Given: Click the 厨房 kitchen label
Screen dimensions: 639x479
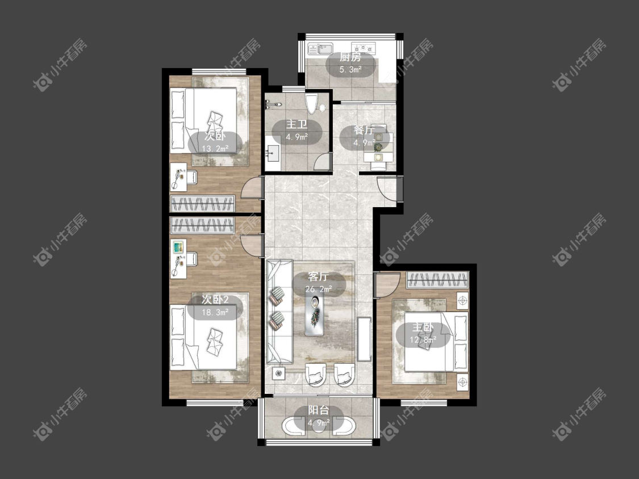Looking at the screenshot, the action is point(350,57).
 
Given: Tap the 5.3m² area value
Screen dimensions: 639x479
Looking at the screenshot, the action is point(350,70).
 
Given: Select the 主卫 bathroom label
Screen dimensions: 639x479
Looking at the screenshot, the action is point(296,124).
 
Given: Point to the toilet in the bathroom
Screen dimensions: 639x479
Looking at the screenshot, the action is point(311,104).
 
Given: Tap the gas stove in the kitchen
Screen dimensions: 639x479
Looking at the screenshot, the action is point(364,49).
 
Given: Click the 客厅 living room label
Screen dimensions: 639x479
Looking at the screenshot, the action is point(319,276).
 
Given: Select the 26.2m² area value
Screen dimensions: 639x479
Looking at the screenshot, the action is point(319,289).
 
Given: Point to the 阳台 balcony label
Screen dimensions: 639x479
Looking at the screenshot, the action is point(319,410).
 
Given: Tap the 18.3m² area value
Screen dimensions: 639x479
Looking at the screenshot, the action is point(215,312).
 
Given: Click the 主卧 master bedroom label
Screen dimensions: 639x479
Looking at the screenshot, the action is point(423,327).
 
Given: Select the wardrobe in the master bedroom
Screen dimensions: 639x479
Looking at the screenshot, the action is point(438,280).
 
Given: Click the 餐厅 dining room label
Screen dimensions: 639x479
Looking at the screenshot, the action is point(364,131).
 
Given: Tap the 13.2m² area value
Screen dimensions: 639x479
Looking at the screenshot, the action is point(215,149).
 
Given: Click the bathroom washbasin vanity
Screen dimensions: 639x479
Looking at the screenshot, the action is point(272,153).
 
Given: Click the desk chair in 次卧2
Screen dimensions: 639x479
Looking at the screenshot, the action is point(192,259).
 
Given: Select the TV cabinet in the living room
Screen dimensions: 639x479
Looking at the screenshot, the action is point(365,339).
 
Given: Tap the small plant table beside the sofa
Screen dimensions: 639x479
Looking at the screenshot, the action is point(279,372).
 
